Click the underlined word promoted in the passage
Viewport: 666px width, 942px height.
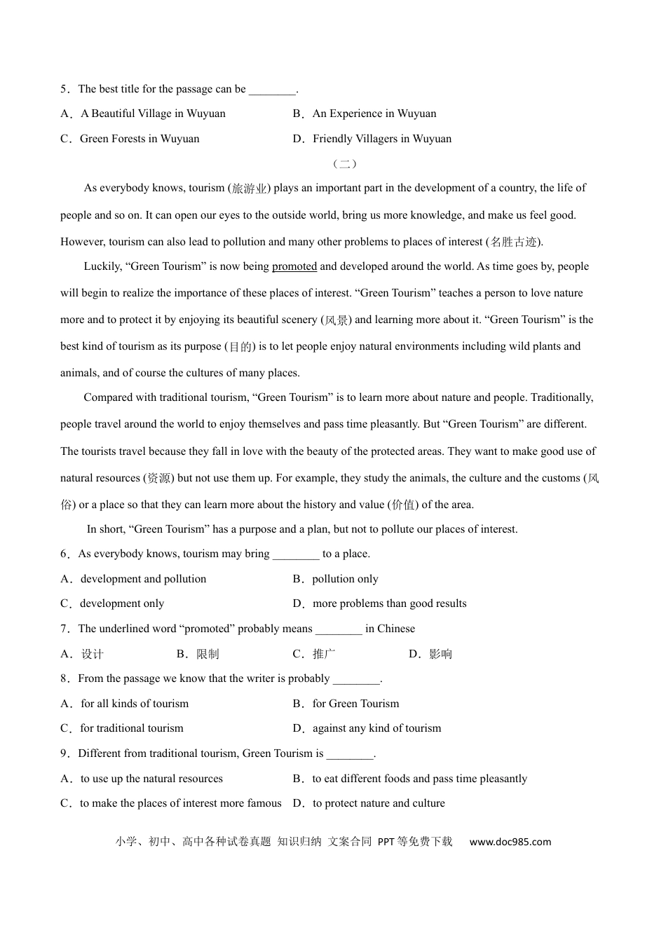coord(294,266)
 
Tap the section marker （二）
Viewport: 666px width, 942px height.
coord(344,164)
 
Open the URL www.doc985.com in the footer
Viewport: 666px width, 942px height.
coord(510,842)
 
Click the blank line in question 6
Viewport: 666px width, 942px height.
coord(296,554)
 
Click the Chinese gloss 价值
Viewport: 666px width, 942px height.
coord(403,505)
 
